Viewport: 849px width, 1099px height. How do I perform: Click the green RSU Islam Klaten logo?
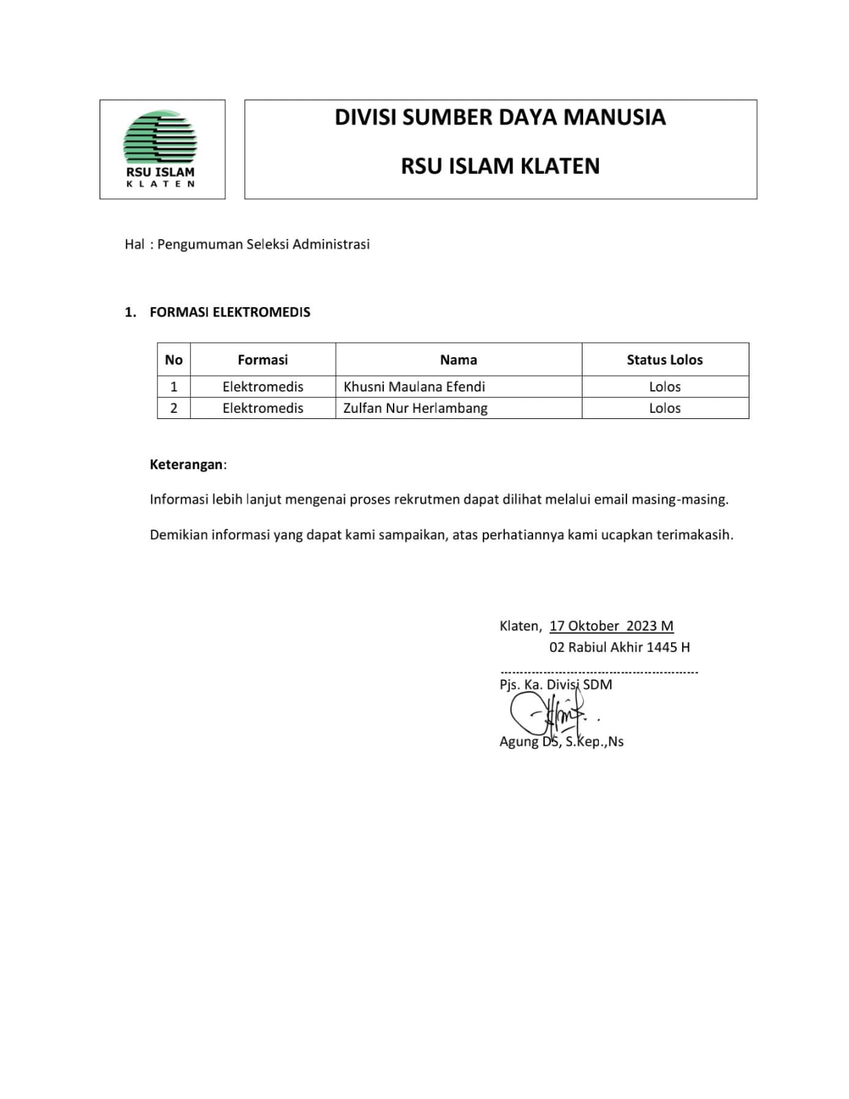160,139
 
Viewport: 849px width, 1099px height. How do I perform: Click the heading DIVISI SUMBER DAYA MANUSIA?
500,117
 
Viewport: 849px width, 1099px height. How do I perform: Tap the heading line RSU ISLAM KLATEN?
500,166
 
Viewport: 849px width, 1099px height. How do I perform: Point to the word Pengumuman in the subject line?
200,245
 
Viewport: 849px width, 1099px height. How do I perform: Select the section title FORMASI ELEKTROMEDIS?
229,313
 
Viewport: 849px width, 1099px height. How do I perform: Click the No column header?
174,360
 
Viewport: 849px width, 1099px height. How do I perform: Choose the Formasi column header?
262,360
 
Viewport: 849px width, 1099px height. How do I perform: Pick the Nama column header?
458,360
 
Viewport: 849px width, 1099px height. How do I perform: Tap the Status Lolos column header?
664,360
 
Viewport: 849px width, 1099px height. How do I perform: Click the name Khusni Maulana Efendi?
414,387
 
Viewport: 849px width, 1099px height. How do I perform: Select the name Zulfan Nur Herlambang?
416,408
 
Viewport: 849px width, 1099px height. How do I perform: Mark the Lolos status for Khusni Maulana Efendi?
664,387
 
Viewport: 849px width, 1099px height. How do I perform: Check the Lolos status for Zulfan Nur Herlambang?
664,408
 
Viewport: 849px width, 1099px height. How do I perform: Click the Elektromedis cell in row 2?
262,408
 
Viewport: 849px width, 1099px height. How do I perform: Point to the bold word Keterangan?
186,464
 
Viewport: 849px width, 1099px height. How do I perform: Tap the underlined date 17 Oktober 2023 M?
611,626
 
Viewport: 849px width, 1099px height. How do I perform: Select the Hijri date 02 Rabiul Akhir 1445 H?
619,647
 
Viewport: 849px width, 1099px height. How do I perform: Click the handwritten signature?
550,714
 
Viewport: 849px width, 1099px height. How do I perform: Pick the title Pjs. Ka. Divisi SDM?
556,685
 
